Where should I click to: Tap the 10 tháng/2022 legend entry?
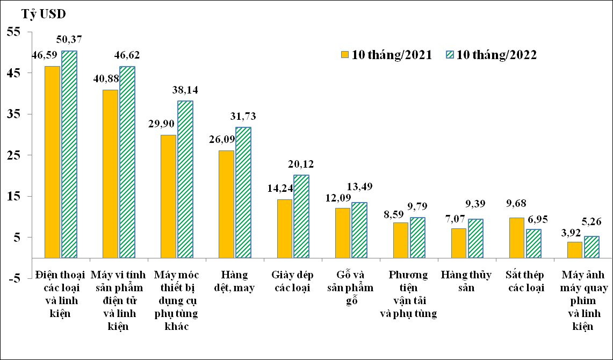(491, 54)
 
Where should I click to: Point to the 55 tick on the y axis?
(14, 32)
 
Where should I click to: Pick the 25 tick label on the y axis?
(14, 155)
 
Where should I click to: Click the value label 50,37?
(69, 39)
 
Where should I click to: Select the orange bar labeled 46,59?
(53, 162)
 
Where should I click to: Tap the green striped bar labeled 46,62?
(127, 162)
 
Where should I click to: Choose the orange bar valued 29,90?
(168, 196)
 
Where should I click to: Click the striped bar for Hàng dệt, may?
(243, 192)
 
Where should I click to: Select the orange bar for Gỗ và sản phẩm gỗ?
(342, 233)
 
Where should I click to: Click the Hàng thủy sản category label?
(465, 281)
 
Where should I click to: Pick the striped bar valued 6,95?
(533, 243)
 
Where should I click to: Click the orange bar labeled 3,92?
(575, 250)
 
